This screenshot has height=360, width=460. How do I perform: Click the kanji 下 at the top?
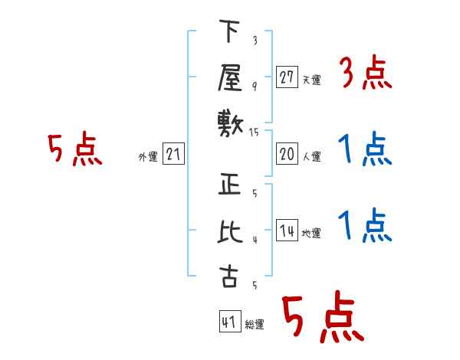229,31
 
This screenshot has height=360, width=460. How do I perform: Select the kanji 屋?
230,77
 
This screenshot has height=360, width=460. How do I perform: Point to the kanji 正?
229,184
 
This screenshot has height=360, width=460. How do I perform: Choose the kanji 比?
230,231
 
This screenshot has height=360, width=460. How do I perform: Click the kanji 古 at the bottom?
228,277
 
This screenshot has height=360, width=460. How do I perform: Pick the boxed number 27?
287,77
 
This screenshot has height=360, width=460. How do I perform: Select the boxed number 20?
287,154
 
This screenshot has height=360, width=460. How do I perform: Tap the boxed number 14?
287,230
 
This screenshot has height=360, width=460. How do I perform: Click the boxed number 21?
173,154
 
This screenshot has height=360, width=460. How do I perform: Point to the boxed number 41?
230,322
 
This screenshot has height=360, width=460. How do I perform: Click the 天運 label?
312,80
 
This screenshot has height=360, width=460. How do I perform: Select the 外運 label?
148,156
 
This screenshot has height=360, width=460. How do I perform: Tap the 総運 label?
255,324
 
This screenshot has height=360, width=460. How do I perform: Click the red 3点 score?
366,72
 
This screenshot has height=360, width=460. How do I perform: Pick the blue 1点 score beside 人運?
365,149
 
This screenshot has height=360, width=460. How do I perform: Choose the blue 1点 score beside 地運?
365,225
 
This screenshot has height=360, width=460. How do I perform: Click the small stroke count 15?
254,133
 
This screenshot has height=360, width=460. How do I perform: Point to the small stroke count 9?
255,87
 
